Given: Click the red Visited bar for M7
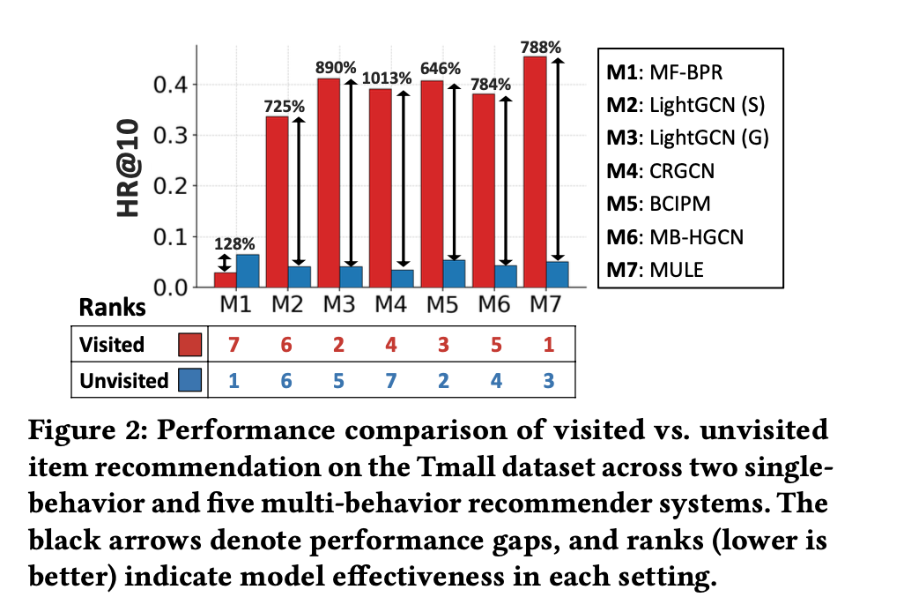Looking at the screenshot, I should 534,172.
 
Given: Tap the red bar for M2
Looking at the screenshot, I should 277,202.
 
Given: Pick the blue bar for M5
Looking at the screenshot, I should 453,273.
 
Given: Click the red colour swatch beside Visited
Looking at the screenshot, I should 190,345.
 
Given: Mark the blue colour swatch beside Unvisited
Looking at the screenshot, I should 190,380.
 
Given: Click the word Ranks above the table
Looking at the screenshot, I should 113,309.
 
